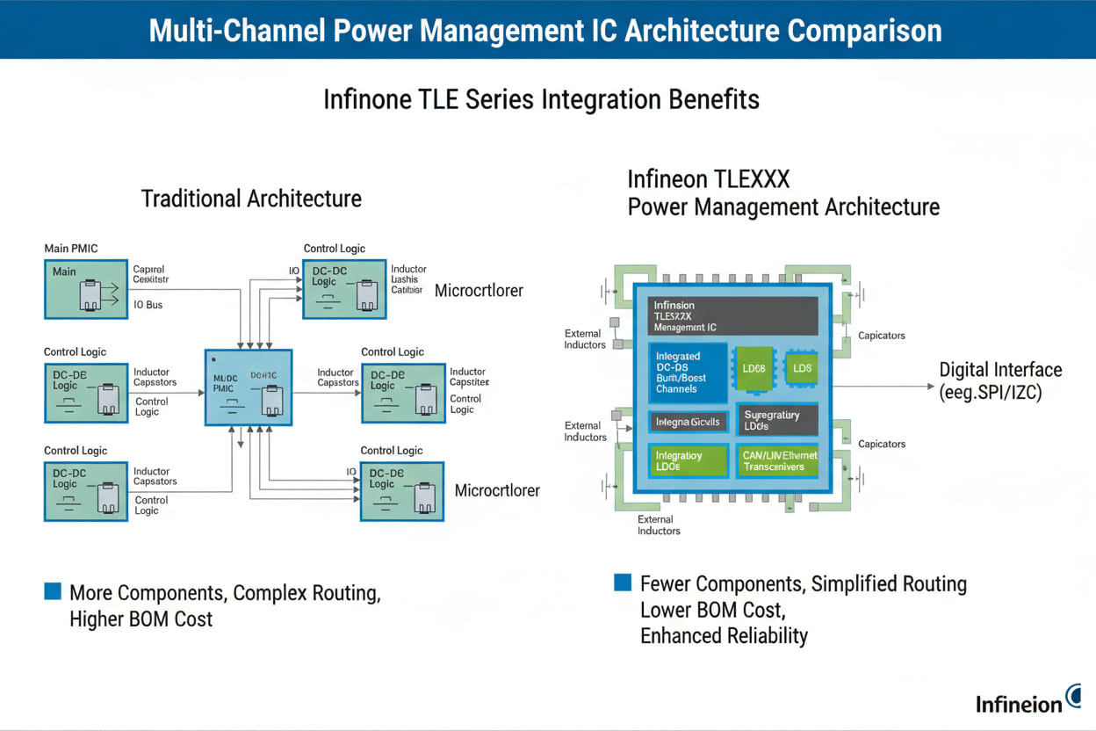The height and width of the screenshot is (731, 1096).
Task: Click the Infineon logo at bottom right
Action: click(x=1027, y=701)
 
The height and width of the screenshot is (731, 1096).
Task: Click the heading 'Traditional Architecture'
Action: click(x=251, y=199)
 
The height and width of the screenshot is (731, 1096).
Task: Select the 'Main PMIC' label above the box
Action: click(x=71, y=249)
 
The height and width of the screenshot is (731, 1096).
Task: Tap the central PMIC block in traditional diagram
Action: click(x=249, y=387)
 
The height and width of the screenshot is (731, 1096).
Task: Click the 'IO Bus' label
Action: click(x=148, y=305)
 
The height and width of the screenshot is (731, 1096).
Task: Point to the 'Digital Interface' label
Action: click(x=1000, y=370)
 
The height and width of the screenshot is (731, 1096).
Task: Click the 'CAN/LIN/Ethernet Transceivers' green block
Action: click(x=779, y=460)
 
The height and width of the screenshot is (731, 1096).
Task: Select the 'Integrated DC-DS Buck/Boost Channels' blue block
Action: click(x=688, y=373)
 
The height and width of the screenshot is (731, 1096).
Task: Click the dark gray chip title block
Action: click(x=733, y=315)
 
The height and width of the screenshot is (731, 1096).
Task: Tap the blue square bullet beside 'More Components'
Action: click(x=53, y=591)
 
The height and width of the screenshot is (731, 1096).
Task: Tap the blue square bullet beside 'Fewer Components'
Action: click(x=623, y=582)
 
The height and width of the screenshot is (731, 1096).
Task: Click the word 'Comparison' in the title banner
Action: click(x=864, y=30)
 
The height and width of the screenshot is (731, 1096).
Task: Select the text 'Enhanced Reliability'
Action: click(x=724, y=636)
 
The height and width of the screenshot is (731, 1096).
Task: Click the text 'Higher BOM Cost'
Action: click(x=141, y=619)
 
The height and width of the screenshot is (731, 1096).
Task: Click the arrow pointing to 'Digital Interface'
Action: click(x=883, y=386)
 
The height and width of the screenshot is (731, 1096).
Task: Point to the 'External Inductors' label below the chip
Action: click(x=659, y=525)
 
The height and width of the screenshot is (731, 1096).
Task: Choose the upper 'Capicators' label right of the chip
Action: click(x=881, y=336)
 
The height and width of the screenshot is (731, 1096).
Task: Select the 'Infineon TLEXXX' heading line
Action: click(x=708, y=180)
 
